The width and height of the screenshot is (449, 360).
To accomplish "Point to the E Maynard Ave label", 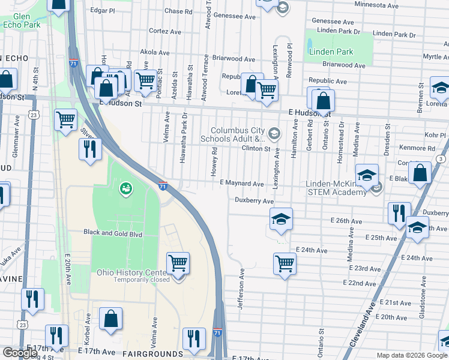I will (x=241, y=183).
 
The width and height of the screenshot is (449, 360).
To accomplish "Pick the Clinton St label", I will (x=255, y=148).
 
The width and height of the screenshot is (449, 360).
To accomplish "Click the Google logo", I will (x=20, y=353).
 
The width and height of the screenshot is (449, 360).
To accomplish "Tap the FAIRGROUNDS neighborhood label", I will (x=152, y=354).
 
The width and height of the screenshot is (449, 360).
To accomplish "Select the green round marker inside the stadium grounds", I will (x=125, y=189).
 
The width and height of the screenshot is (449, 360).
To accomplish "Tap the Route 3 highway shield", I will (x=441, y=158).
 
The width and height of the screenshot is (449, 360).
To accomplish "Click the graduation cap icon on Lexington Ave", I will (x=280, y=220).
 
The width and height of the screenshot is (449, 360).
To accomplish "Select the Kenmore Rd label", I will (x=420, y=148).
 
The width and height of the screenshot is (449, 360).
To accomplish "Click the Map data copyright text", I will (x=411, y=355).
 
